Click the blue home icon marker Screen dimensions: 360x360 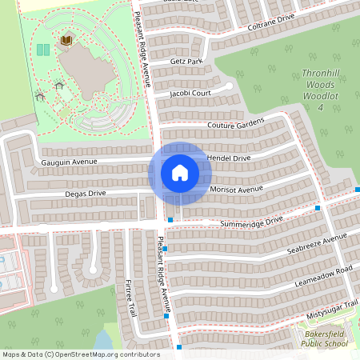179,172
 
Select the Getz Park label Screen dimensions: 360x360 186,62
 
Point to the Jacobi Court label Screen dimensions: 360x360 190,94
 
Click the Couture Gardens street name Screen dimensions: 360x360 235,126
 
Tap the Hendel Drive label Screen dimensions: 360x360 229,158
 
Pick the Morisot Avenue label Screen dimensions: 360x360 237,190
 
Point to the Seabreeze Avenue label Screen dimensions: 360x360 317,244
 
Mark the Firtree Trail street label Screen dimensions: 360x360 130,297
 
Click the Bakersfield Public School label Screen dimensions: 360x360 325,338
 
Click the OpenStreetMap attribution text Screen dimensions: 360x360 81,354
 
